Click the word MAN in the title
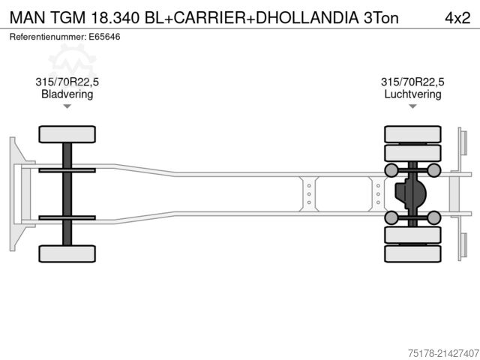click(27, 16)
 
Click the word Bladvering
click(67, 94)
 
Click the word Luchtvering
click(412, 94)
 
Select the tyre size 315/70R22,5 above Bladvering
click(67, 82)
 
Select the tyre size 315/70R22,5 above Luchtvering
click(412, 82)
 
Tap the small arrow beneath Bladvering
click(67, 106)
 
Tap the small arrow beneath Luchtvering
click(412, 106)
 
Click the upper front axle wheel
click(67, 134)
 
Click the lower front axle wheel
click(67, 253)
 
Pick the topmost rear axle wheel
click(412, 134)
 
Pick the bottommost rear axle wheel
click(412, 253)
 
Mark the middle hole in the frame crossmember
click(308, 193)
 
